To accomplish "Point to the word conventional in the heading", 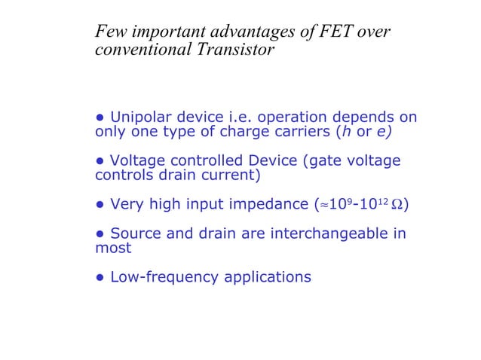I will (x=143, y=51).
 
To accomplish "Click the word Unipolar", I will (x=142, y=117).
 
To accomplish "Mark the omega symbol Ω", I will (x=397, y=205).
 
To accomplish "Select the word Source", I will (x=135, y=233).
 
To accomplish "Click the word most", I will (x=113, y=249).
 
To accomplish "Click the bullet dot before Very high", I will (x=100, y=205).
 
